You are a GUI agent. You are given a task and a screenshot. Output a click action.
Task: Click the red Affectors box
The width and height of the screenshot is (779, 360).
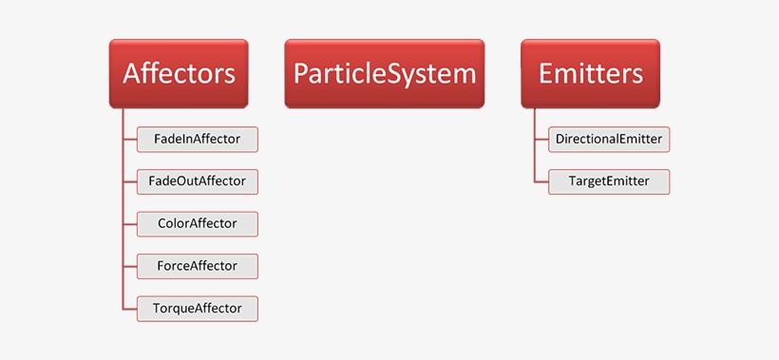tap(179, 73)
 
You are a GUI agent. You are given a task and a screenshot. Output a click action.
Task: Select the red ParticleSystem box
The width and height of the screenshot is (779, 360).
tap(384, 73)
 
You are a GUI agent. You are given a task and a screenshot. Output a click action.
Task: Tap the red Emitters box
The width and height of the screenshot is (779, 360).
tap(590, 73)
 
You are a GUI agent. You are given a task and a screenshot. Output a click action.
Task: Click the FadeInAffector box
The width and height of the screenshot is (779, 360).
tap(197, 140)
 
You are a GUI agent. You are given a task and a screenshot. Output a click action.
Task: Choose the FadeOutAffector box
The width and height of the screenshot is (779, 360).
tap(197, 181)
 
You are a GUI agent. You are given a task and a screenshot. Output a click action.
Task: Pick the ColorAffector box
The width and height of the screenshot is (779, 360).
tap(197, 224)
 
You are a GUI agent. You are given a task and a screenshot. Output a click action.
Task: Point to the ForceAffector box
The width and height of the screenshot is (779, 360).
tap(197, 266)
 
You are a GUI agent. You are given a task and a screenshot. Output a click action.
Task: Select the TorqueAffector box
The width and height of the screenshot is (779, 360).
tap(197, 308)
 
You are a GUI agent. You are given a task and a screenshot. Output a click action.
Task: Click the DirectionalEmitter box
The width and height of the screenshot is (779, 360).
tap(609, 140)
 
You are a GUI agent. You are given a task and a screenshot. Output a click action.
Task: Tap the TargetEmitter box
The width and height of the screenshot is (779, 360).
tap(609, 181)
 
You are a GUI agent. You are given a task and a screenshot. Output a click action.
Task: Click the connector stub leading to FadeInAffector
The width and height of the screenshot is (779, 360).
tap(130, 140)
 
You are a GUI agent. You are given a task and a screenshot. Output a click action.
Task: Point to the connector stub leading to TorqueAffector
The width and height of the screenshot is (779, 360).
tap(130, 308)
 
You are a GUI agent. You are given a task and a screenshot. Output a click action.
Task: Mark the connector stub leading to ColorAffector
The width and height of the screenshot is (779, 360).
tap(130, 224)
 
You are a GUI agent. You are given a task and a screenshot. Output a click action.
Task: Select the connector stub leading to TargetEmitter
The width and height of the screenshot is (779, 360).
tap(541, 181)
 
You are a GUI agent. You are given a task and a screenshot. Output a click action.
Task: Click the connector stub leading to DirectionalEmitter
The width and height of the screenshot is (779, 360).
tap(541, 140)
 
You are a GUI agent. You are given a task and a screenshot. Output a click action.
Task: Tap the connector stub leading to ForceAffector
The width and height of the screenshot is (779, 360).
tap(130, 266)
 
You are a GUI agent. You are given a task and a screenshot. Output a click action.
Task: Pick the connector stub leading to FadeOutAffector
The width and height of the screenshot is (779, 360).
tap(130, 181)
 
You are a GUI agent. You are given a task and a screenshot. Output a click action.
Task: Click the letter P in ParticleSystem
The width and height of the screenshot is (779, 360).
tap(302, 73)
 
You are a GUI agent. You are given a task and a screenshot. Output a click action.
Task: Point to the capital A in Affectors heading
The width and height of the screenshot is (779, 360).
tap(133, 73)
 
